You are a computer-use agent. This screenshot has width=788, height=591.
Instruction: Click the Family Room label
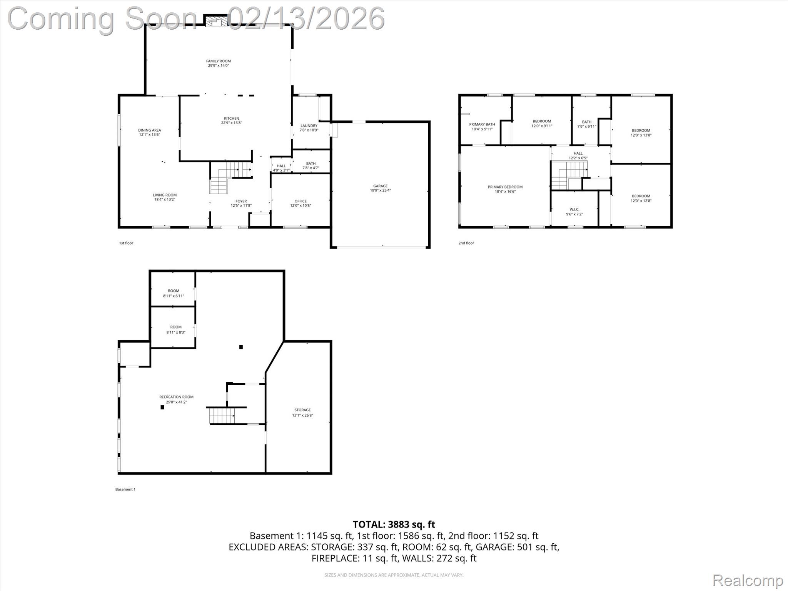pyautogui.click(x=218, y=61)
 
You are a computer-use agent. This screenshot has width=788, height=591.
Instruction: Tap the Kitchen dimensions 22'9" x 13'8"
pyautogui.click(x=231, y=123)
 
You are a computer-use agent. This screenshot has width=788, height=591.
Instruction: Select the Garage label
pyautogui.click(x=380, y=186)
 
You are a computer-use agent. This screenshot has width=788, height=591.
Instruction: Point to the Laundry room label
pyautogui.click(x=309, y=125)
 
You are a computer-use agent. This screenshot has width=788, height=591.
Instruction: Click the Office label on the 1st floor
pyautogui.click(x=301, y=201)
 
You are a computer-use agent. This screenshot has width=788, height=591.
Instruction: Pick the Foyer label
pyautogui.click(x=241, y=201)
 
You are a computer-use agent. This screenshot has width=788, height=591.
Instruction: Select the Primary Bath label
pyautogui.click(x=482, y=124)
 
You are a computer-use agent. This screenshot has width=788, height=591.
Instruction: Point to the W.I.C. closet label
pyautogui.click(x=574, y=209)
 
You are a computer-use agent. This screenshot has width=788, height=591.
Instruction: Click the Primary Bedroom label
pyautogui.click(x=505, y=187)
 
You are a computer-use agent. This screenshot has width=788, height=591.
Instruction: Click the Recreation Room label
pyautogui.click(x=176, y=397)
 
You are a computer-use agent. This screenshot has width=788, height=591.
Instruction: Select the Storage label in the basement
pyautogui.click(x=302, y=410)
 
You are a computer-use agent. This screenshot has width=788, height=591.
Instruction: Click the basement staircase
pyautogui.click(x=222, y=416)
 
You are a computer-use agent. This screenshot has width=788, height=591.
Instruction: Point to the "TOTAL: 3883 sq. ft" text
pyautogui.click(x=394, y=524)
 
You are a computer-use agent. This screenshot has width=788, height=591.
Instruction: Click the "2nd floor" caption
pyautogui.click(x=466, y=243)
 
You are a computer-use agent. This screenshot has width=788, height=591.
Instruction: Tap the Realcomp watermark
pyautogui.click(x=748, y=580)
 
